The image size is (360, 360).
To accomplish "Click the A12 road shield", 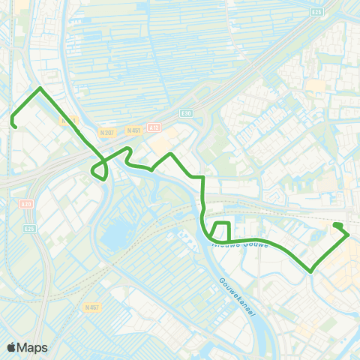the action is [x=154, y=128].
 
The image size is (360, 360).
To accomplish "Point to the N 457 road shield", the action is [x=92, y=307].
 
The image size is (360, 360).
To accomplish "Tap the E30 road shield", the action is [x=187, y=113].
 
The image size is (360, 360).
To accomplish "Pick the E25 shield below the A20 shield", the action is [x=29, y=229].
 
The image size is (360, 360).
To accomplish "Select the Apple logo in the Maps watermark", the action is [x=12, y=347].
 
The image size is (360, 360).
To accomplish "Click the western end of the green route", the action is [x=14, y=126].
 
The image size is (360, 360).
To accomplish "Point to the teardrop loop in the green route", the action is [x=99, y=171].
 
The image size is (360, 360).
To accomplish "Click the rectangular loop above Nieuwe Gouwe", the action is [x=221, y=232].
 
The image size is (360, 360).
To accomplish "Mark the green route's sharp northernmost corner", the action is [x=40, y=88].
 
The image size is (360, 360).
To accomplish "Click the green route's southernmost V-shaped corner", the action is [x=311, y=271].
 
